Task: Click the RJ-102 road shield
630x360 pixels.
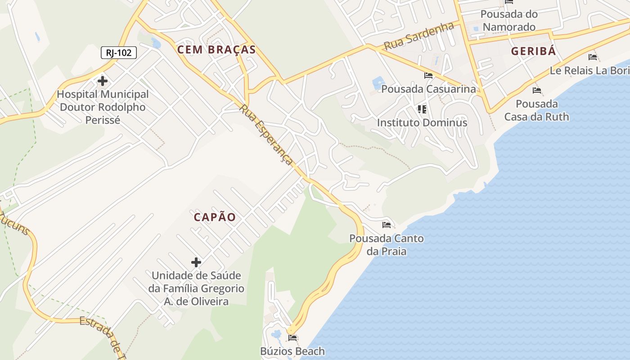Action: click(119, 53)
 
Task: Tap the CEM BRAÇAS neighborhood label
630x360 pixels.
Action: click(216, 49)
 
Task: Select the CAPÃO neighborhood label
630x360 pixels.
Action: click(215, 217)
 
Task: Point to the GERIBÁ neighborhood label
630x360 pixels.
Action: click(533, 51)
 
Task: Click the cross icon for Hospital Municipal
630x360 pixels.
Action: click(103, 81)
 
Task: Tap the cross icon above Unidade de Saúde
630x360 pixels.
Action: click(196, 262)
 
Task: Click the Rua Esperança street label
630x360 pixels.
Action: click(267, 135)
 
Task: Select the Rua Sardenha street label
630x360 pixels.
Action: click(419, 36)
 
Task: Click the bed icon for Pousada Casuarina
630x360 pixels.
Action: click(428, 76)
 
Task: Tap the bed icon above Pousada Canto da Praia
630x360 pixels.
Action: click(387, 225)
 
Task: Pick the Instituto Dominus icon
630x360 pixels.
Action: click(422, 109)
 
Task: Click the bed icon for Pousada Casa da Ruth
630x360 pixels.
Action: click(536, 90)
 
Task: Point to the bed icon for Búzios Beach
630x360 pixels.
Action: click(292, 338)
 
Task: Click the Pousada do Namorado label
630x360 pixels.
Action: click(509, 20)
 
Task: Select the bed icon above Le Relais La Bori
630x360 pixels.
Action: click(593, 57)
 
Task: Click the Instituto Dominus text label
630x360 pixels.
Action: click(422, 122)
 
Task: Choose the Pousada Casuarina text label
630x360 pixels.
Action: click(428, 89)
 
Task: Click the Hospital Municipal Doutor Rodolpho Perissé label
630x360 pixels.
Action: click(103, 107)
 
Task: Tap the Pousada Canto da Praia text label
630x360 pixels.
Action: click(387, 244)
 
